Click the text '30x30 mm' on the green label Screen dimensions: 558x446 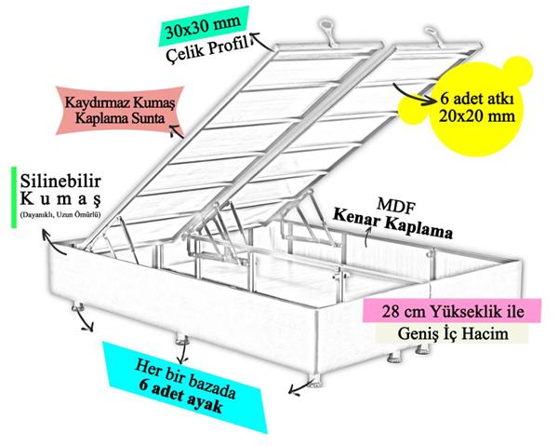point(203,27)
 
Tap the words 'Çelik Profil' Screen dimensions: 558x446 point(207,49)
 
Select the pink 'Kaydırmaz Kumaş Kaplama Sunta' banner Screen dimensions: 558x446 point(120,111)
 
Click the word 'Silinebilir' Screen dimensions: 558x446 point(60,182)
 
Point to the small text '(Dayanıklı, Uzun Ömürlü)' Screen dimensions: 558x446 point(60,214)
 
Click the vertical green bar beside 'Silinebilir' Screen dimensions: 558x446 point(14,197)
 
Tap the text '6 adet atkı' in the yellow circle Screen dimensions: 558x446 point(477,99)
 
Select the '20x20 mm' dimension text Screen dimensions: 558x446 point(477,116)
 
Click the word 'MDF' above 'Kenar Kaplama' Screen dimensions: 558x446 point(396,206)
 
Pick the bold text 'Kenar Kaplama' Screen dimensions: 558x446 point(392,224)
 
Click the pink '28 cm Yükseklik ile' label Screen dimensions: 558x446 point(452,311)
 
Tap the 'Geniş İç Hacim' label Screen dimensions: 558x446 point(453,333)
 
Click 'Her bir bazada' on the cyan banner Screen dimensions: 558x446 point(185,379)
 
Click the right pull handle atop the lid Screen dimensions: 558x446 point(437,37)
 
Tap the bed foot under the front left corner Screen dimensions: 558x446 point(77,306)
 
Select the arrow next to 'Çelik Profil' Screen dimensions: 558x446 point(262,42)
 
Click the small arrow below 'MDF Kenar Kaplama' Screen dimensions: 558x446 point(368,237)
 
